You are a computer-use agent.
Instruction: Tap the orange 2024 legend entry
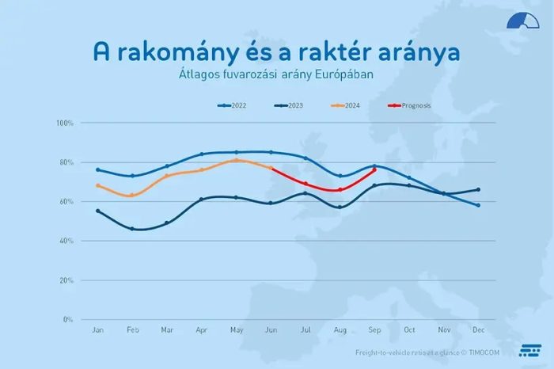click(349, 105)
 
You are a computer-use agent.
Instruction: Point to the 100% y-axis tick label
click(65, 124)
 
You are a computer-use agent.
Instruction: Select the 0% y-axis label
click(67, 319)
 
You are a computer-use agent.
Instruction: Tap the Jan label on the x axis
click(98, 329)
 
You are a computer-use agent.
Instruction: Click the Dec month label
click(478, 329)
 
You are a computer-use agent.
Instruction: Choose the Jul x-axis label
click(305, 329)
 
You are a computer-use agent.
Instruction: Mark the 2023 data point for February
click(132, 229)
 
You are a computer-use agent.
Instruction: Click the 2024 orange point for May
click(236, 160)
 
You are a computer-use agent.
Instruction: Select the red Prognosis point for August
click(340, 190)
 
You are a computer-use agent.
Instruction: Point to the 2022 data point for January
click(98, 169)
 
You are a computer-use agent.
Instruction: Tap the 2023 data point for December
click(478, 189)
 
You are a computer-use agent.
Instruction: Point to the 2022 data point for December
click(478, 205)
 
